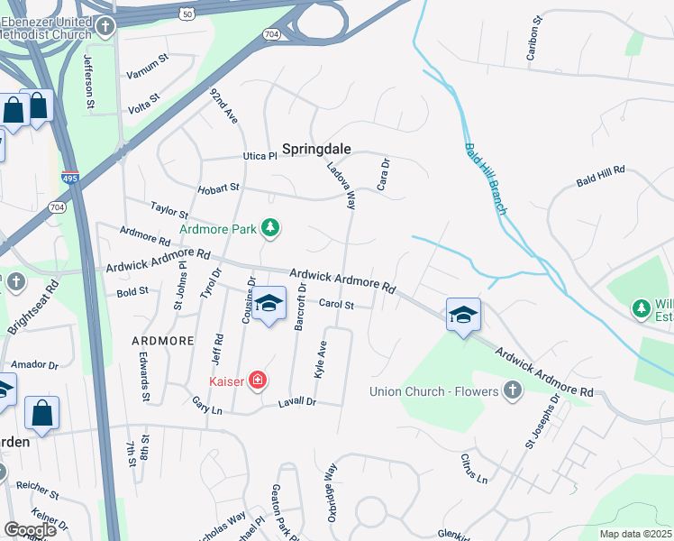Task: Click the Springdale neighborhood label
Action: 316,149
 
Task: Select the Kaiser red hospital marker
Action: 258,381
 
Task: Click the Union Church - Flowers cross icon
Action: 512,390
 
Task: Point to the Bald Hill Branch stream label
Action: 487,179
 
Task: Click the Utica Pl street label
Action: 260,156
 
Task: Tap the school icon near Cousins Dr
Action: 269,305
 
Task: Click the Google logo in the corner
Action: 30,529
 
